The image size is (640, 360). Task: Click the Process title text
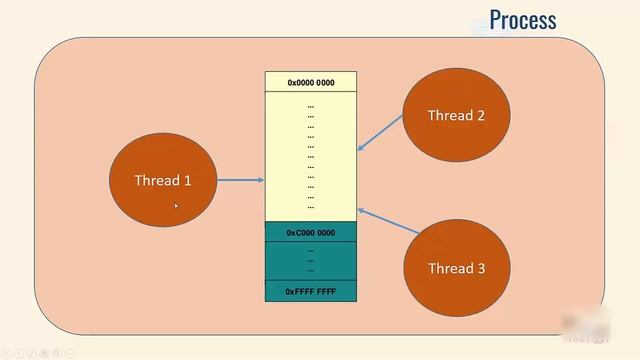[522, 20]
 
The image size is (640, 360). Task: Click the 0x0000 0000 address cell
[311, 82]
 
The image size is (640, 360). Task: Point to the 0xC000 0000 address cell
[311, 232]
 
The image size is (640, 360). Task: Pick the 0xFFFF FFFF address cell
[311, 291]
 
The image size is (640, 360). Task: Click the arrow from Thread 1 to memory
[240, 181]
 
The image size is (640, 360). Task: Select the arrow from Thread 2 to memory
[380, 133]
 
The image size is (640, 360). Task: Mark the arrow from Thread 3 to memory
[384, 223]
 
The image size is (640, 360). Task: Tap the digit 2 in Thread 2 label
[480, 116]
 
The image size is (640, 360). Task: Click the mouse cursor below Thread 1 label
[176, 205]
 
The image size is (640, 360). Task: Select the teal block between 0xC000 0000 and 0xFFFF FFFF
[311, 261]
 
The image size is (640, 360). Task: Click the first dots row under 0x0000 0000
[311, 105]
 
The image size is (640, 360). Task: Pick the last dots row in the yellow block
[311, 206]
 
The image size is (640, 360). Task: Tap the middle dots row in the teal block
[311, 260]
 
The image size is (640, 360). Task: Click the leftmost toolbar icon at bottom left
[6, 353]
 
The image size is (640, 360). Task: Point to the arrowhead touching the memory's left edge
[261, 181]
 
